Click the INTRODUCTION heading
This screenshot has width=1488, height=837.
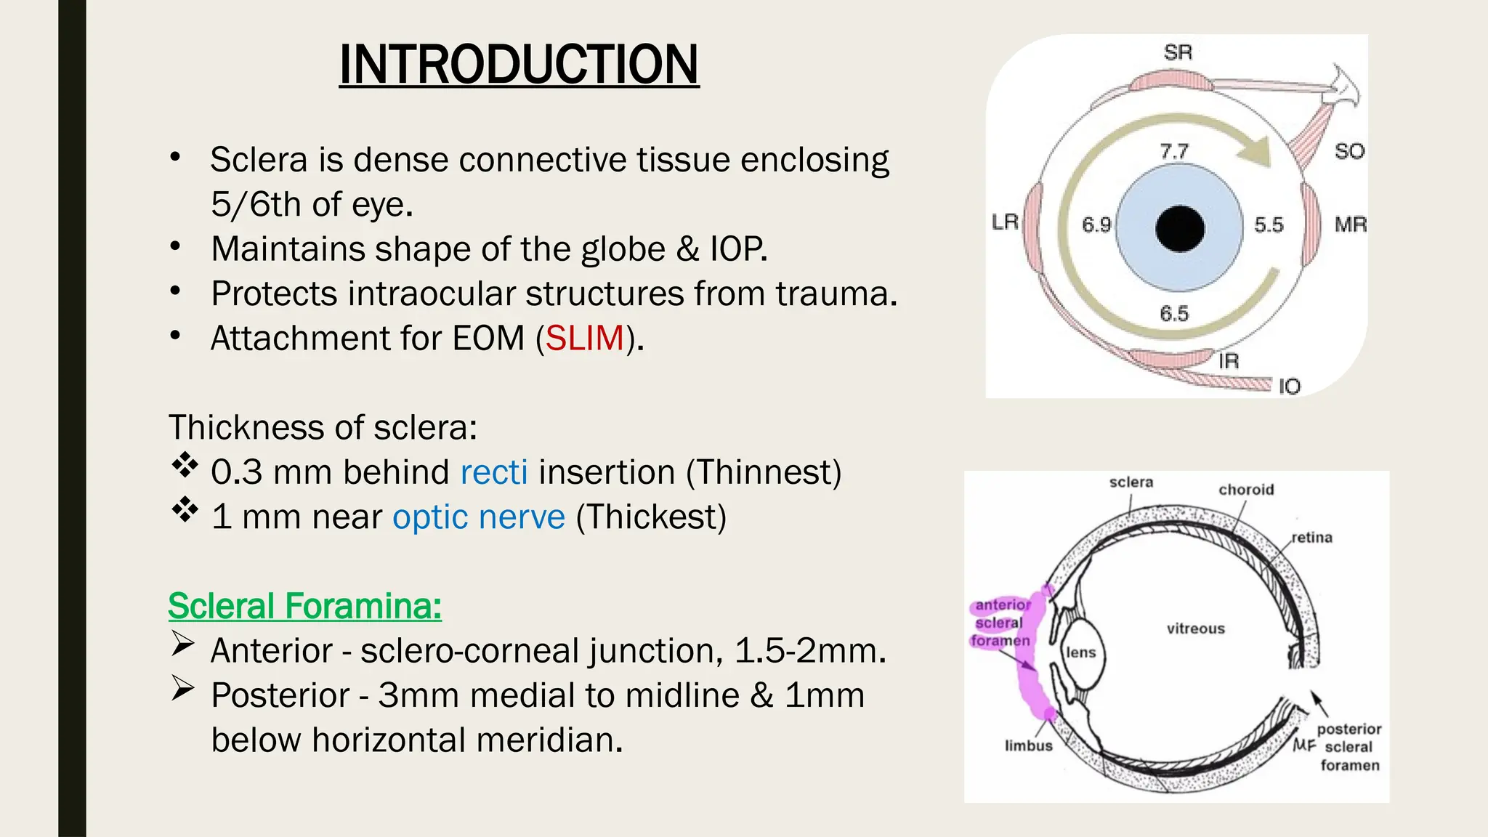pos(519,65)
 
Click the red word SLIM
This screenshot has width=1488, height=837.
pos(584,339)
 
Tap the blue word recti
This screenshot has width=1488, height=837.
pos(494,472)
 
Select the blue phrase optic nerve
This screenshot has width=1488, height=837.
pos(479,517)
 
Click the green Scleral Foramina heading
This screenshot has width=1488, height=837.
pos(304,606)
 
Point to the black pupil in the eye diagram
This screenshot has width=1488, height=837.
pos(1179,228)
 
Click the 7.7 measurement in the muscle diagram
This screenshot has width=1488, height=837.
pos(1174,151)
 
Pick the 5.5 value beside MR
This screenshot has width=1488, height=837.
pos(1269,225)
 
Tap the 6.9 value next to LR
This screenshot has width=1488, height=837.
pos(1096,225)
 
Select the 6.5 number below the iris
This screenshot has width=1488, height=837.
pos(1174,314)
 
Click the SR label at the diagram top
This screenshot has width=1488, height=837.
pos(1178,52)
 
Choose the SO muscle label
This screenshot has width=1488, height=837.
pos(1349,151)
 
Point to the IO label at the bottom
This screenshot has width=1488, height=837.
pos(1289,386)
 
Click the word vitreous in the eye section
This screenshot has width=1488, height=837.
pos(1195,628)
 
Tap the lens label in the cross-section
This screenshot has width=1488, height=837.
pos(1080,652)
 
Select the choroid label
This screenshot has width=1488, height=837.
pos(1246,490)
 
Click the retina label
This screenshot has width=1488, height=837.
pos(1311,538)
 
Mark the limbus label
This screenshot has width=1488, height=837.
pos(1028,745)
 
